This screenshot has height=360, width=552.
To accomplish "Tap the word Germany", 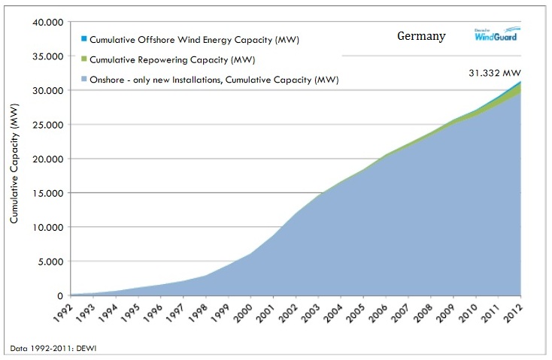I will pos(421,36).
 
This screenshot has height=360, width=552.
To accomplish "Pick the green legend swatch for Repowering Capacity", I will pos(83,58).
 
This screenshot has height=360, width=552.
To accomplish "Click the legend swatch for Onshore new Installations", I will pos(83,77).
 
